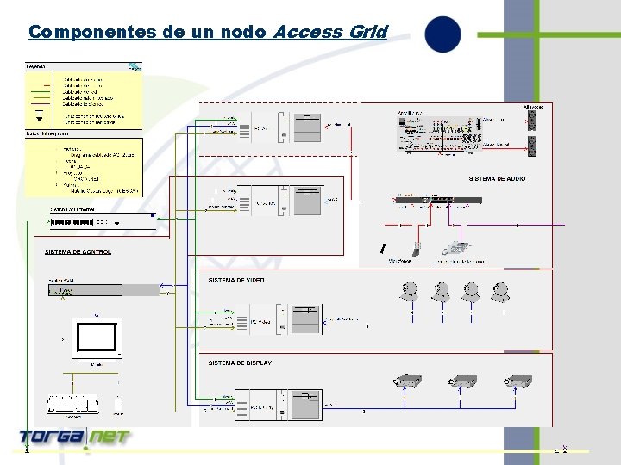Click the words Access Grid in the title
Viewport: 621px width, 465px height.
coord(329,32)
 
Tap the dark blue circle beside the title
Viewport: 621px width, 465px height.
coord(442,34)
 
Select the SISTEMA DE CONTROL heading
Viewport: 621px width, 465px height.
coord(78,252)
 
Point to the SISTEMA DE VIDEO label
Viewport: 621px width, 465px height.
coord(236,280)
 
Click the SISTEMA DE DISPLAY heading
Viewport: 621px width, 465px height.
coord(240,363)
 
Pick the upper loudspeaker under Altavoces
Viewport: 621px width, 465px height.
coord(533,121)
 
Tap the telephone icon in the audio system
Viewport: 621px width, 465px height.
coord(455,237)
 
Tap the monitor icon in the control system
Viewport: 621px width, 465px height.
coord(95,338)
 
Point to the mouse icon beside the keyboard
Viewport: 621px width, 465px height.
coord(118,403)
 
